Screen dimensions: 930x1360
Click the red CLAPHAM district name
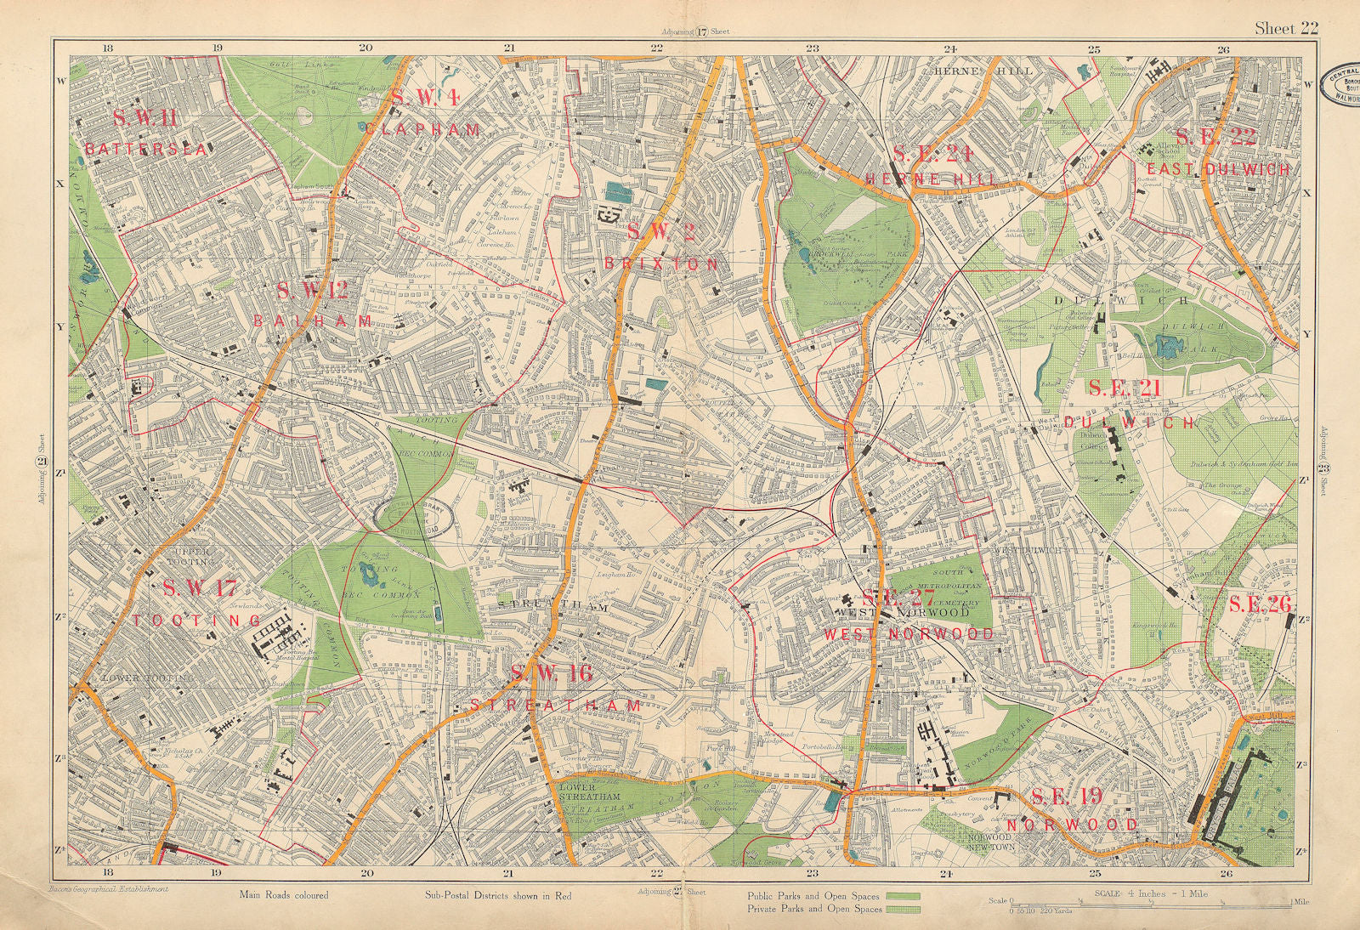tap(423, 130)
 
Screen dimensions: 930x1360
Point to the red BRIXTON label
tap(660, 264)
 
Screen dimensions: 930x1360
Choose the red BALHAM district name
tap(313, 321)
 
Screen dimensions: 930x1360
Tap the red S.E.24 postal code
tap(932, 154)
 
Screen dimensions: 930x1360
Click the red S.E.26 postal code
tap(1260, 604)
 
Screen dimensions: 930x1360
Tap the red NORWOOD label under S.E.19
tap(1072, 825)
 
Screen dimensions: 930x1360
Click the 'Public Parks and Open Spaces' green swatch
tap(904, 896)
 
